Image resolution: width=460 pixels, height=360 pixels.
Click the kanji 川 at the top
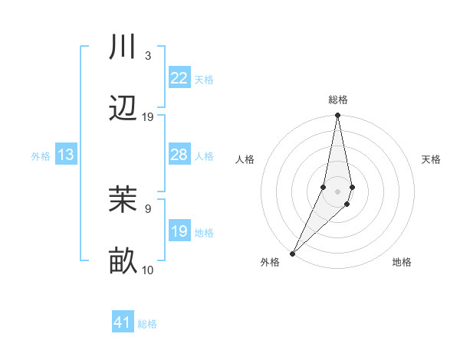[123, 47]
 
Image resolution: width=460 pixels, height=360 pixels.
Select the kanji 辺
[123, 110]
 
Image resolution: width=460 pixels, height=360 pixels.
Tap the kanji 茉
[123, 200]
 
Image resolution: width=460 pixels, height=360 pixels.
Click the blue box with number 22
[179, 78]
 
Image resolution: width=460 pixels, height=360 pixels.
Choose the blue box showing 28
[179, 155]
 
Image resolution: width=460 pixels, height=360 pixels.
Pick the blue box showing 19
[179, 231]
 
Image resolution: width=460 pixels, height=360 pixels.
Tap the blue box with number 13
[66, 155]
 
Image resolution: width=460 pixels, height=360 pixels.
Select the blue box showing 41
[123, 322]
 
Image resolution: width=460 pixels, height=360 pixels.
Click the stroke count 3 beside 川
[147, 56]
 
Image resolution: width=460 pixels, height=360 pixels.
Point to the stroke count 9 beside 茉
[147, 208]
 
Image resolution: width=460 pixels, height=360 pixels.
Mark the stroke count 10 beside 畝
[148, 270]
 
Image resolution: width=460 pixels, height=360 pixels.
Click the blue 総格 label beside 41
[147, 324]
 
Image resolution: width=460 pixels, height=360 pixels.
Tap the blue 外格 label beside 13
[41, 155]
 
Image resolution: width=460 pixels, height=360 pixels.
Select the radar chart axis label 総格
[337, 100]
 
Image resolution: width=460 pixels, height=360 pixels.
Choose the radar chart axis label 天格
[432, 159]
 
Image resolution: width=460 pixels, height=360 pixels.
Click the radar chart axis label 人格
[245, 159]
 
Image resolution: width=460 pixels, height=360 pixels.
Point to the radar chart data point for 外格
[292, 253]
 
